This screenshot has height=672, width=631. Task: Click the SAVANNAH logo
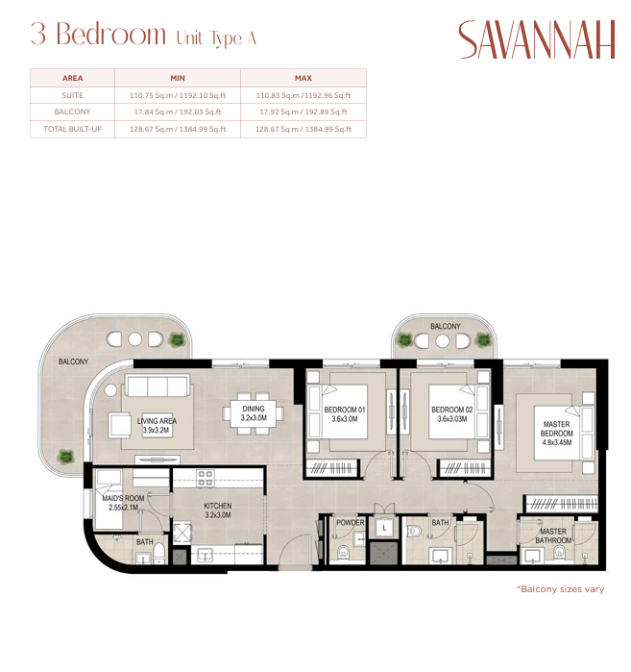(x=536, y=39)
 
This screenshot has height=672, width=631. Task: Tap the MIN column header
(x=178, y=78)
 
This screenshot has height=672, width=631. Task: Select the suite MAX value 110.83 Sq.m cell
(x=303, y=95)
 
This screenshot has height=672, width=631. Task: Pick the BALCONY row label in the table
(x=72, y=112)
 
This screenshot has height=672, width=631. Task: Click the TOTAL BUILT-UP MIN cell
(x=178, y=129)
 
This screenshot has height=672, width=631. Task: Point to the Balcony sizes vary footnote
(x=560, y=589)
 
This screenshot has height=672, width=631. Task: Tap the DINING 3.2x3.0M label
(x=254, y=413)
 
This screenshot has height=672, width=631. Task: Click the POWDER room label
(x=351, y=522)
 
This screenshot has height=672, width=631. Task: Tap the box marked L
(x=384, y=528)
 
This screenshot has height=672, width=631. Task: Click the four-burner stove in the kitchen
(x=206, y=479)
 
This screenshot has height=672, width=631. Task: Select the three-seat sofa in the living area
(x=158, y=386)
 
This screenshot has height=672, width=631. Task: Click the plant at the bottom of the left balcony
(x=66, y=457)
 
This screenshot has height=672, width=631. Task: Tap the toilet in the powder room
(x=343, y=553)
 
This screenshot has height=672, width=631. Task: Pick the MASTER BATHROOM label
(x=553, y=535)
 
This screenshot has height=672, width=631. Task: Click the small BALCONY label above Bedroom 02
(x=446, y=326)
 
